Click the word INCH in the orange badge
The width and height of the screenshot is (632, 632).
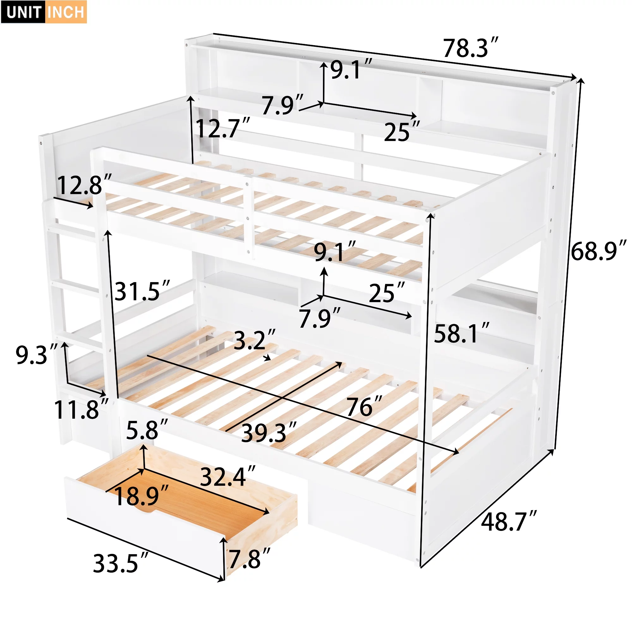(66, 12)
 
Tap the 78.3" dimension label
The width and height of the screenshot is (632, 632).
(470, 48)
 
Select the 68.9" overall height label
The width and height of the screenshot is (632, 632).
(598, 251)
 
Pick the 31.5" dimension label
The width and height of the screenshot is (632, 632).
(142, 291)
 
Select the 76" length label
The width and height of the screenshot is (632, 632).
(364, 407)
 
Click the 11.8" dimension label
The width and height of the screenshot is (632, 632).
(81, 410)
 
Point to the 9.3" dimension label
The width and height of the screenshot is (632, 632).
(36, 355)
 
